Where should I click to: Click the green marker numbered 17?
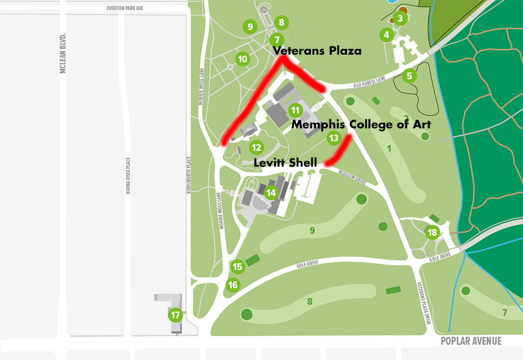point(175,315)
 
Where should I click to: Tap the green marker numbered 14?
point(271,193)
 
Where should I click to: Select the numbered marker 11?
point(296,109)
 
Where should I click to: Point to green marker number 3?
point(400,19)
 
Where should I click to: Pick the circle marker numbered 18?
point(432,233)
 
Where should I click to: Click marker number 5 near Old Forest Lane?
point(410,76)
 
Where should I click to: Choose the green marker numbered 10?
point(242,59)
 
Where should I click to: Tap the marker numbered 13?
point(333,138)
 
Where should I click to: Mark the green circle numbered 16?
point(232,285)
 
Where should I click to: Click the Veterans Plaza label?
point(318,51)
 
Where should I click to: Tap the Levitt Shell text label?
point(285,163)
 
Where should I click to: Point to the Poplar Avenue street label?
point(471,341)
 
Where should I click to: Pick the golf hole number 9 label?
point(312,231)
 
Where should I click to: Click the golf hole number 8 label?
point(310,301)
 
